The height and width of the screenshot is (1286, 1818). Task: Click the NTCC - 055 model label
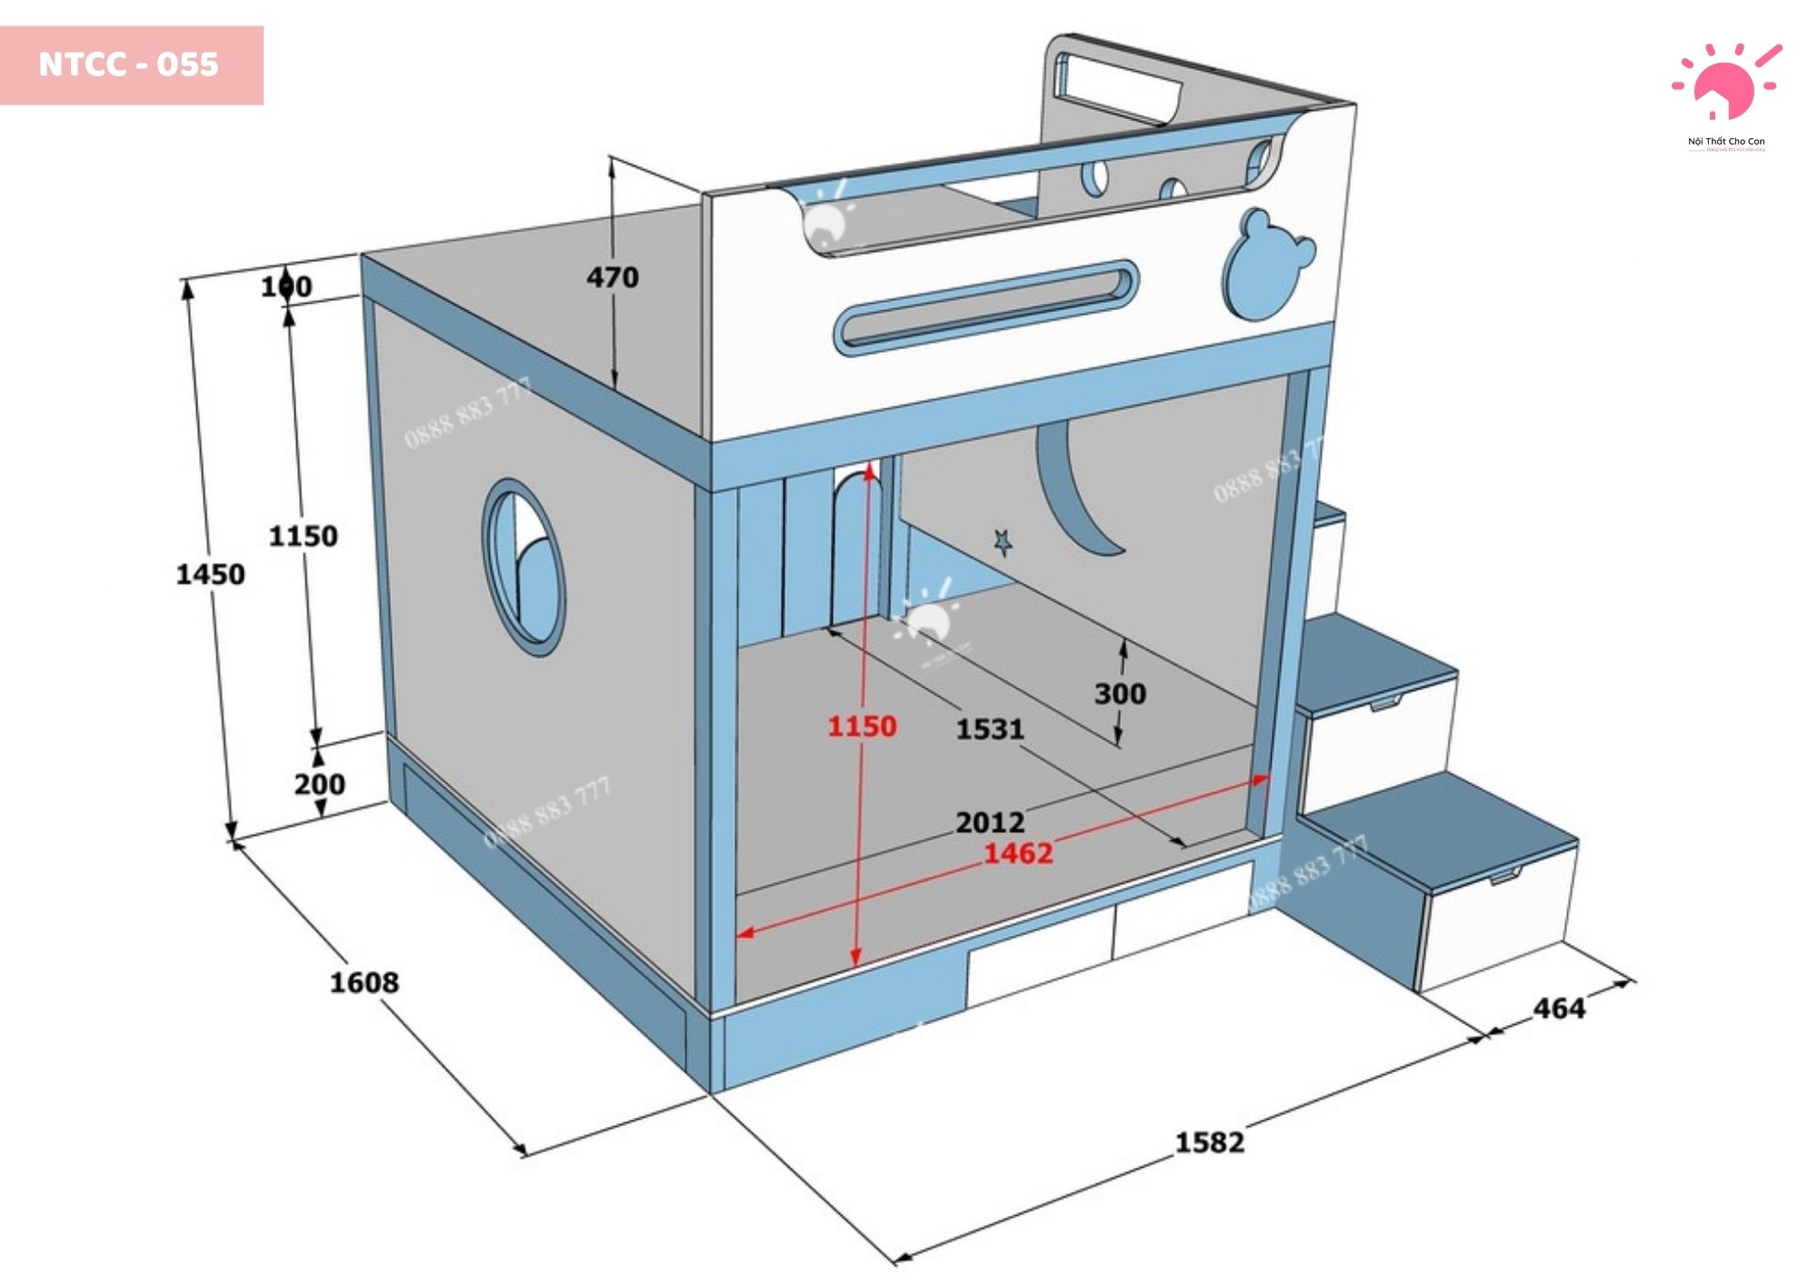(129, 65)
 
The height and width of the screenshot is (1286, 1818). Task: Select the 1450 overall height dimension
(210, 575)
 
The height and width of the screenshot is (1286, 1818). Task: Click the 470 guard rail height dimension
(612, 277)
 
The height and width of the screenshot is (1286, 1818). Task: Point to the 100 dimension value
(286, 286)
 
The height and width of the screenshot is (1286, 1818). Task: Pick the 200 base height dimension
(319, 784)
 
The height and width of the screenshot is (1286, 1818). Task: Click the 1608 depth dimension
(364, 982)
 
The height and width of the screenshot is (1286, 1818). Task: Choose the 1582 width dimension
(1209, 1141)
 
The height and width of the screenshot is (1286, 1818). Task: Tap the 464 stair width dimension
(1558, 1008)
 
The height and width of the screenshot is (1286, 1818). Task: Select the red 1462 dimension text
(1018, 853)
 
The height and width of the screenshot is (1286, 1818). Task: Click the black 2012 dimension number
(990, 822)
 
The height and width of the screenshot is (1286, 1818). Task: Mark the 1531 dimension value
(990, 728)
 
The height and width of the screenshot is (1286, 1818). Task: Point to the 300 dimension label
(1120, 694)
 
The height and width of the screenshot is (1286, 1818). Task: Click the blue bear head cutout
(1266, 266)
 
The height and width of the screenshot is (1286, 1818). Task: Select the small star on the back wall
(1004, 542)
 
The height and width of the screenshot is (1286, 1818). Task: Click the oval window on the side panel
(524, 566)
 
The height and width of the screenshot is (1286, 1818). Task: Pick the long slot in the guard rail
(986, 306)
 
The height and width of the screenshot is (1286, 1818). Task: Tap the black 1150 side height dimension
(303, 536)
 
